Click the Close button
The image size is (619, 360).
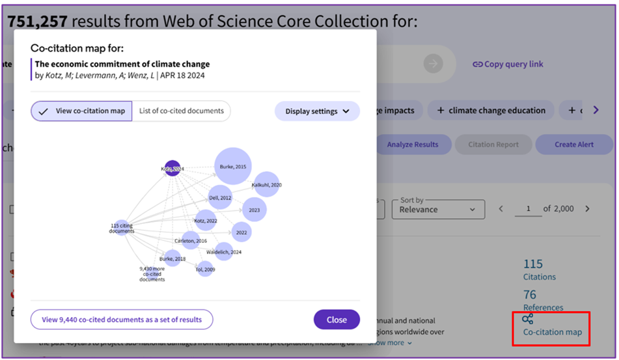337,320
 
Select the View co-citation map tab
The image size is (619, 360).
82,111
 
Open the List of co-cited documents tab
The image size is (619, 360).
181,111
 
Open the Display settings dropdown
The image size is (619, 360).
317,111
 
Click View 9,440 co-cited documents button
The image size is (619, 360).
122,320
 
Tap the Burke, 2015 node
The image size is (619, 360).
232,167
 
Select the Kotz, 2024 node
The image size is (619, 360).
172,169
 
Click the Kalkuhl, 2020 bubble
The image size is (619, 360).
267,185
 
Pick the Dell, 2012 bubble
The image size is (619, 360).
221,197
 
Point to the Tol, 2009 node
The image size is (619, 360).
204,269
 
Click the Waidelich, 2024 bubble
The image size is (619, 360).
224,251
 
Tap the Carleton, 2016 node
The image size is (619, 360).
191,241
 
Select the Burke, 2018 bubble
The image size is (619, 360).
172,258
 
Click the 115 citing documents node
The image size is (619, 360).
122,228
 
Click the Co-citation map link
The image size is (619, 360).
552,332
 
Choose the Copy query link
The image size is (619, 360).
508,64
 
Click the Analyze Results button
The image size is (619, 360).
413,145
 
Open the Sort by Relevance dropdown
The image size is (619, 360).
438,209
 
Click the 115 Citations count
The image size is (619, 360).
533,264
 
